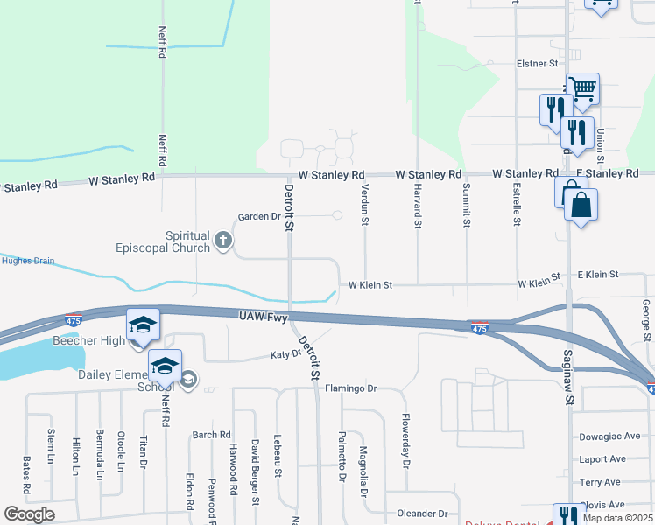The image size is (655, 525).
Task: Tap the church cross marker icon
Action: (x=223, y=241)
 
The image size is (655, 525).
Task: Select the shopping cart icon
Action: (x=582, y=87)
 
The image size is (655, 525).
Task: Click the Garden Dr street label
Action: (x=258, y=216)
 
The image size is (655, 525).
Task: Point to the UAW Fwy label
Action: (x=264, y=318)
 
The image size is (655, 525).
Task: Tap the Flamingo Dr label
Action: (x=350, y=388)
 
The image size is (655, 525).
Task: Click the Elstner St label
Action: (x=537, y=64)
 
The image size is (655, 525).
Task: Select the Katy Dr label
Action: (x=285, y=355)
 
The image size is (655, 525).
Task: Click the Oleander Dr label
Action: (x=422, y=514)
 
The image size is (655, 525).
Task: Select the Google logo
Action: (x=29, y=514)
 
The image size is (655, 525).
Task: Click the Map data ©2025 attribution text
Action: (x=618, y=519)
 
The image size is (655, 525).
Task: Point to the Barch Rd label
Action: (x=211, y=434)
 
